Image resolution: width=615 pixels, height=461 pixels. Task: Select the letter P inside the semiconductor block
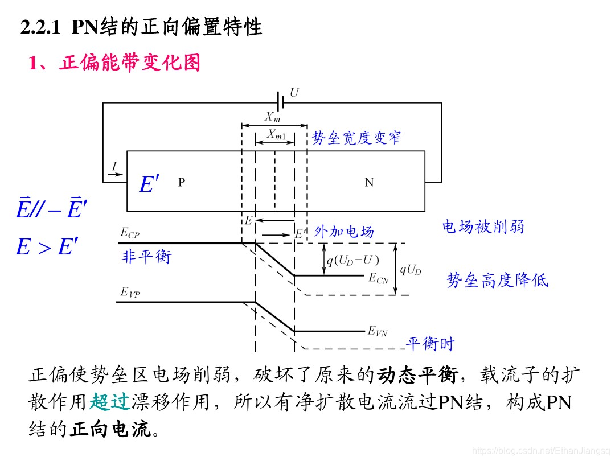(181, 182)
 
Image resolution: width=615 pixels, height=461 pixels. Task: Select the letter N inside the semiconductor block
(369, 182)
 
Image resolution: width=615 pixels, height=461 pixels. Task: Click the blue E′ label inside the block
(149, 184)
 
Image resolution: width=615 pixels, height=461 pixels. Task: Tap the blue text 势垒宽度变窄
(356, 138)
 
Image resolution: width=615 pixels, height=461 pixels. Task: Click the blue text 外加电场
(344, 232)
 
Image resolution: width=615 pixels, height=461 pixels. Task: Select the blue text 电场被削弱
(483, 227)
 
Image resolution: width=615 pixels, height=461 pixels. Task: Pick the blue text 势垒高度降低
(497, 280)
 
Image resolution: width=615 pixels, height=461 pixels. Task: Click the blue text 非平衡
(146, 257)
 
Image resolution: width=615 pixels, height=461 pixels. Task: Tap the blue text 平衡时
(430, 344)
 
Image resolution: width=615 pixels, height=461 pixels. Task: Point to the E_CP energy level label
(130, 232)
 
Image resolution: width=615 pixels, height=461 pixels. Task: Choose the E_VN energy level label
(377, 331)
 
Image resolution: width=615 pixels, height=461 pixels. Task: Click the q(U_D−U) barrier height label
(352, 261)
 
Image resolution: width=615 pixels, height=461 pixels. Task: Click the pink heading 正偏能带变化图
(129, 63)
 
